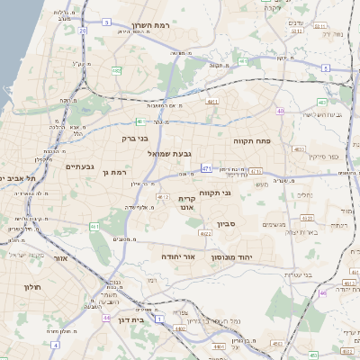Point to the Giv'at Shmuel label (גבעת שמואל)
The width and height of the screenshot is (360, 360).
pos(169,154)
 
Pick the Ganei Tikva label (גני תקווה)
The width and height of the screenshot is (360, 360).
pos(239,193)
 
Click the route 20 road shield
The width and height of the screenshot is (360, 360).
pos(82,31)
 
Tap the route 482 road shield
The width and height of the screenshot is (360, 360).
pos(117,69)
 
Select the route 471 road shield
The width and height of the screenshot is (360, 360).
pos(207,168)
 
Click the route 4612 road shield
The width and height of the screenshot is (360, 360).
pos(163,196)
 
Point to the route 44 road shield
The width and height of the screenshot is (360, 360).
pos(107,318)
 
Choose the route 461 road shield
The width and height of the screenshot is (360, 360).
pos(94,227)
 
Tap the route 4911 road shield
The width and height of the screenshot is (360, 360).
pos(212,103)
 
